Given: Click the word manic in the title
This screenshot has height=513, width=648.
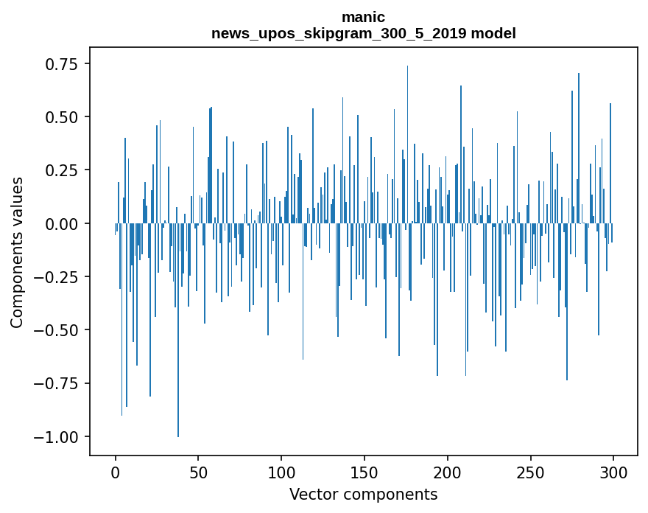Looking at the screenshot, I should (363, 17).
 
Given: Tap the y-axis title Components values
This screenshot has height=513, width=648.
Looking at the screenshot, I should (17, 252).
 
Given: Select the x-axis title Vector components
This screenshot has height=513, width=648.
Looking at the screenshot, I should (363, 495).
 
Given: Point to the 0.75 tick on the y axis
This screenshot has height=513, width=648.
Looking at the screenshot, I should (63, 64).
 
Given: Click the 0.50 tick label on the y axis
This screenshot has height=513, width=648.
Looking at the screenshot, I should (63, 117).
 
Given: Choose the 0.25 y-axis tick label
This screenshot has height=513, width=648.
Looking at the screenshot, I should (63, 170).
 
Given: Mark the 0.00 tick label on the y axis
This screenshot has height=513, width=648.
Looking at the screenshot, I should (63, 223).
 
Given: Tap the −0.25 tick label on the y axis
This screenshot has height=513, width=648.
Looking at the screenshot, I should (57, 277).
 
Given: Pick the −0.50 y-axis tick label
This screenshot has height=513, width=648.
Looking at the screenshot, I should (57, 330).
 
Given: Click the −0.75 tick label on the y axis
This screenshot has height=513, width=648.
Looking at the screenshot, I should (57, 383).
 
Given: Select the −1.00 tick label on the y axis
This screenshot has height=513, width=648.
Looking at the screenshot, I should (57, 437).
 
